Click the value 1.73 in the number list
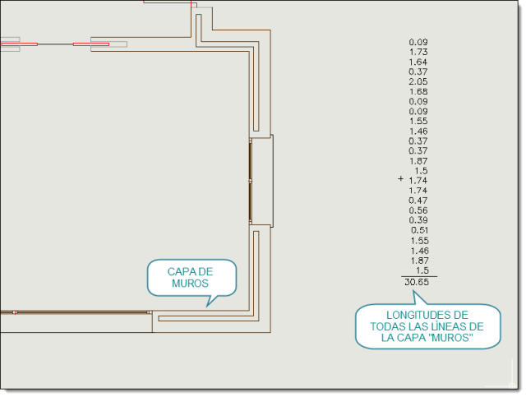tap(418, 52)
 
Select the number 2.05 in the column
tap(418, 81)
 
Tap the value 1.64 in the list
tap(418, 62)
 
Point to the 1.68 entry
tap(418, 91)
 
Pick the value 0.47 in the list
tap(418, 201)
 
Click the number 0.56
tap(418, 210)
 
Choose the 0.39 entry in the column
tap(418, 220)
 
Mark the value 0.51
tap(420, 230)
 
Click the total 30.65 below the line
tap(417, 282)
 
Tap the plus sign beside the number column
tap(400, 179)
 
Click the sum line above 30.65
tap(419, 276)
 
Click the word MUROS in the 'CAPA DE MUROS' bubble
tap(190, 284)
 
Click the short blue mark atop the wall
tap(199, 15)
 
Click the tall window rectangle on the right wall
tap(261, 181)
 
